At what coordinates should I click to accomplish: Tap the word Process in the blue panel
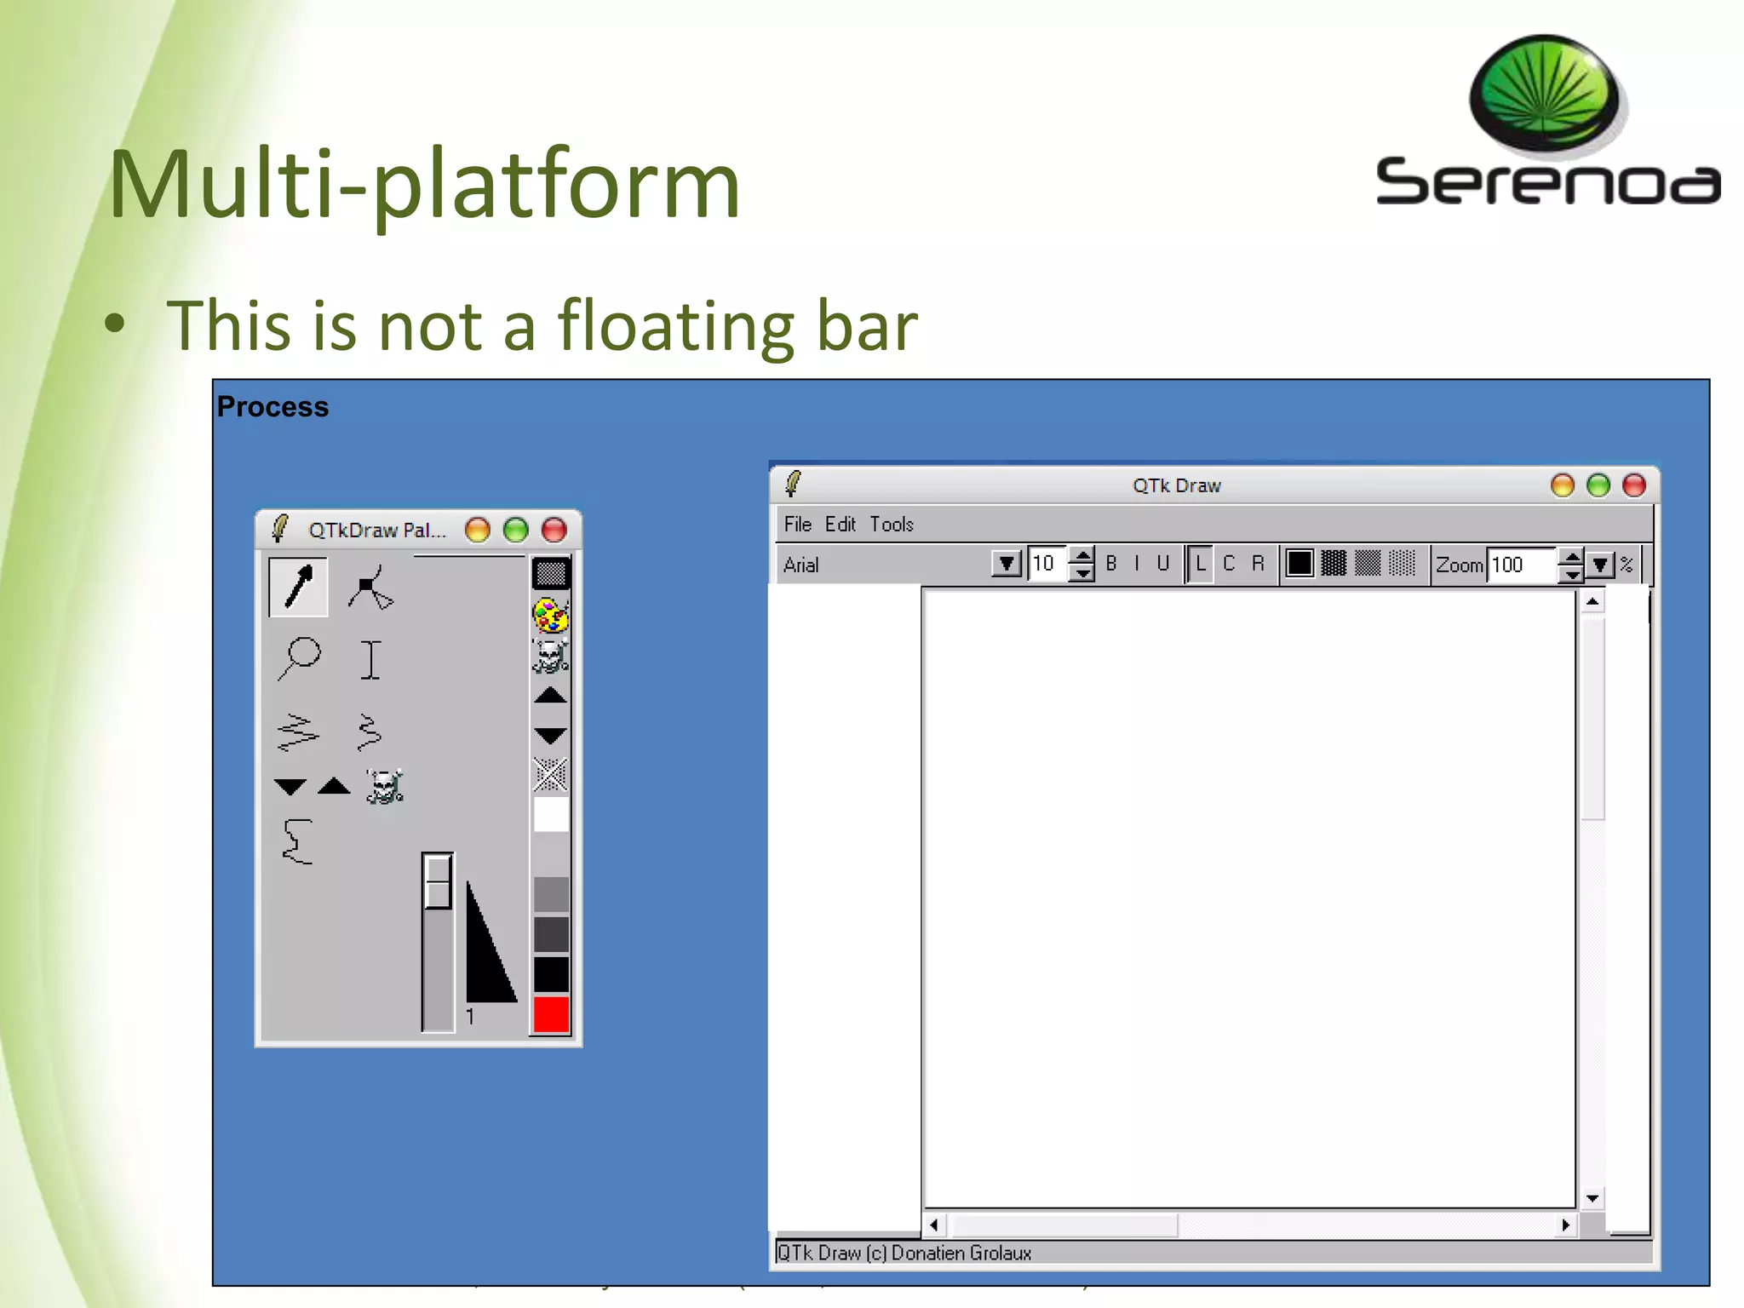click(272, 407)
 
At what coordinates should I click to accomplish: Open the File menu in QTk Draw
click(797, 525)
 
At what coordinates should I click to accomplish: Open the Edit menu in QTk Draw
click(840, 525)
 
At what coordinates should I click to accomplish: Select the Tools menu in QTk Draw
click(891, 525)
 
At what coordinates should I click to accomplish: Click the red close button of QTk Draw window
click(1633, 485)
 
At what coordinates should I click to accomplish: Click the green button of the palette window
click(515, 531)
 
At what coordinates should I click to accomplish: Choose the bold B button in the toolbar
click(1110, 564)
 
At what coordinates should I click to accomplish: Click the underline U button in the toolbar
click(1162, 564)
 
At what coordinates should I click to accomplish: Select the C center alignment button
click(1228, 564)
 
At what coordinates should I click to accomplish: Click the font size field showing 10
click(1046, 564)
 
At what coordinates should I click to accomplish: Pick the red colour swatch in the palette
click(551, 1014)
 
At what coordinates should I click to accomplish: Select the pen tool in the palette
click(298, 587)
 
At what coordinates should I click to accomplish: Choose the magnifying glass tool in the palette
click(299, 658)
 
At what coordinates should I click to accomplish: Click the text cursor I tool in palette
click(370, 660)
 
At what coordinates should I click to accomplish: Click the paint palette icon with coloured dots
click(550, 615)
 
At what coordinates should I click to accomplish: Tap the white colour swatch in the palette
click(551, 815)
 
